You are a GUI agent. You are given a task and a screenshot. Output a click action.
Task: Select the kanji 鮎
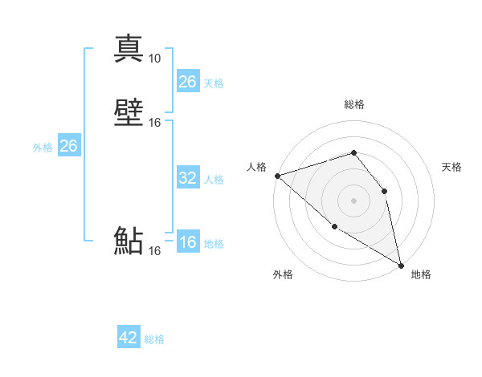point(129,241)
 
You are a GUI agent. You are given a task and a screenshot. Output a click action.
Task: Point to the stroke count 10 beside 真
point(154,59)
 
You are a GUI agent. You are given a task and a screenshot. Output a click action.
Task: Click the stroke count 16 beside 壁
point(155,123)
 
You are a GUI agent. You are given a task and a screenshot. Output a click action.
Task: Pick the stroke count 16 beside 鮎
point(154,251)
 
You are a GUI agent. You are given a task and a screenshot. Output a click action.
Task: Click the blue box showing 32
point(187,178)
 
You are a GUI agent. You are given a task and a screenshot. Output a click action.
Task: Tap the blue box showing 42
point(129,338)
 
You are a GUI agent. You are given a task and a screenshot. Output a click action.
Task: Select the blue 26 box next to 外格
point(68,146)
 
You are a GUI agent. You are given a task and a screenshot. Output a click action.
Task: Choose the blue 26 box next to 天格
point(187,82)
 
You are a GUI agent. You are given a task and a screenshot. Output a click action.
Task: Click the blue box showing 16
point(187,242)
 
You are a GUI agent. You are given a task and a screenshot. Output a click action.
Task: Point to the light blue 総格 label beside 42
point(154,339)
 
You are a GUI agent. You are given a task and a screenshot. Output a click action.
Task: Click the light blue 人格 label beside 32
point(214,180)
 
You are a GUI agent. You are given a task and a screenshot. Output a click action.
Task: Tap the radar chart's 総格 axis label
point(353,104)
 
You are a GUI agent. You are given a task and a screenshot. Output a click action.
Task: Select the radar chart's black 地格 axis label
point(421,274)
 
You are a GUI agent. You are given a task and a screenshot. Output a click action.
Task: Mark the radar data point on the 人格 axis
point(277,176)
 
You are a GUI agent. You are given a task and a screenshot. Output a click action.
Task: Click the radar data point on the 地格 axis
point(401,265)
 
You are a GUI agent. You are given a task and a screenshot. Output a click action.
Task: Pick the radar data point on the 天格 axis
point(384,191)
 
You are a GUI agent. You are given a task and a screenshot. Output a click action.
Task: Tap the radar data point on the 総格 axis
point(353,152)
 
